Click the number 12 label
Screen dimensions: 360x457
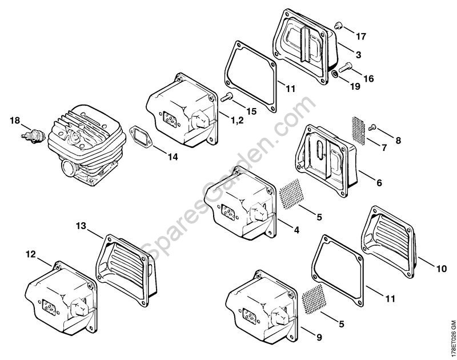coord(30,253)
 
